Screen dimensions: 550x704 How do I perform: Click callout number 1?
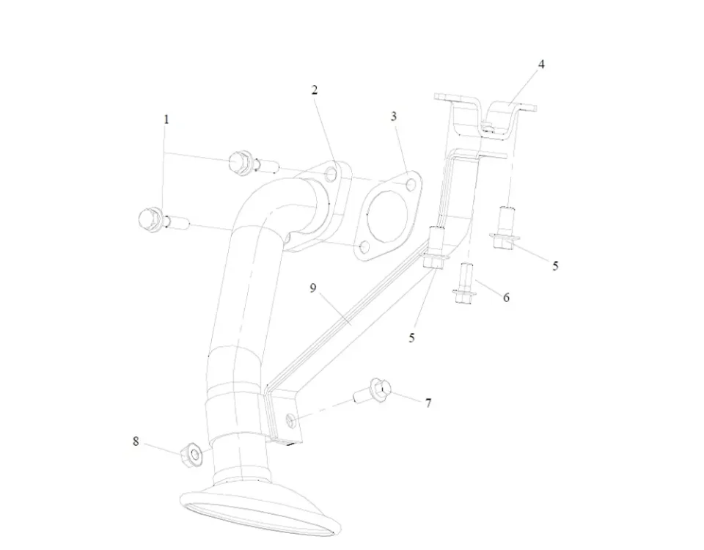166,119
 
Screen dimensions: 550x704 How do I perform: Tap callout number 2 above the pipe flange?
315,90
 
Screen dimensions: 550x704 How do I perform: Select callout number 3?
394,117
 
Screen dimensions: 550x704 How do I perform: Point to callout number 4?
541,65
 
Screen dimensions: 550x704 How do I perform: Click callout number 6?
506,298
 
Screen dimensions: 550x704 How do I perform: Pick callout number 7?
428,403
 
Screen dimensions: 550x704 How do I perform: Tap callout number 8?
136,441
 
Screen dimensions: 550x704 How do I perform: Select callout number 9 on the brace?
313,288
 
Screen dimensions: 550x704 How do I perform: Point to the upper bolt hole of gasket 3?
410,183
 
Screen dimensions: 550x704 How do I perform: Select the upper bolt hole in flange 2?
330,175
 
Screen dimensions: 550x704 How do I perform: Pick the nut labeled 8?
192,455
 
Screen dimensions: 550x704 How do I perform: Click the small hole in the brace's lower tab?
290,419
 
